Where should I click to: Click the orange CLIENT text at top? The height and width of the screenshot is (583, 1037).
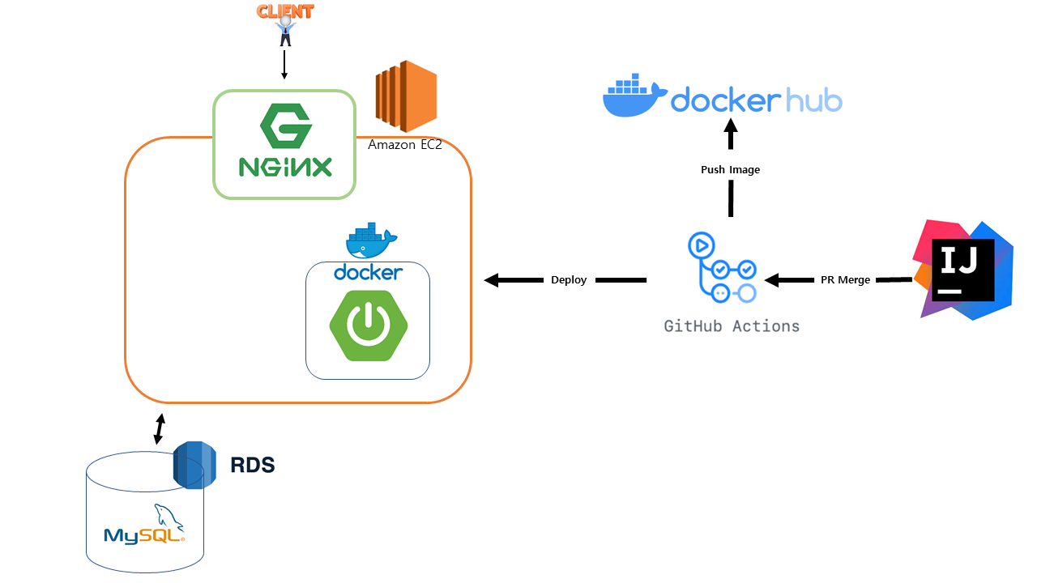[x=284, y=11]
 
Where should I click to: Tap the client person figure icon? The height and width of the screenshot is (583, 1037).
[x=284, y=32]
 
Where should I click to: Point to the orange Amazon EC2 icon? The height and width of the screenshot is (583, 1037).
[x=406, y=96]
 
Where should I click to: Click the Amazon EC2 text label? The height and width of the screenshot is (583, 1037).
[x=404, y=145]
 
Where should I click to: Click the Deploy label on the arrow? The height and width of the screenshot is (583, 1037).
[x=569, y=280]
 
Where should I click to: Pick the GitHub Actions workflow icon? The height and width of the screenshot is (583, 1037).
[x=721, y=268]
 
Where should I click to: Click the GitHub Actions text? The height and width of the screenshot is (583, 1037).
[x=732, y=326]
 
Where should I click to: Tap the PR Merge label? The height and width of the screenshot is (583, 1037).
[x=845, y=280]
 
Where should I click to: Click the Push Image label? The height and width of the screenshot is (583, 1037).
[x=730, y=170]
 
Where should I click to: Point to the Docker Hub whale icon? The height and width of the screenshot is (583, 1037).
[x=634, y=98]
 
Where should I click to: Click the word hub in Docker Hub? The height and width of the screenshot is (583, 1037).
[x=813, y=100]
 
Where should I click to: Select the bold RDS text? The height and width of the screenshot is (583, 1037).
[x=252, y=466]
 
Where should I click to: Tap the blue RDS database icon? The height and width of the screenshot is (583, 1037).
[x=194, y=465]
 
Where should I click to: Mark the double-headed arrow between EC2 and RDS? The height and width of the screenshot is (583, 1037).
[x=160, y=429]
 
